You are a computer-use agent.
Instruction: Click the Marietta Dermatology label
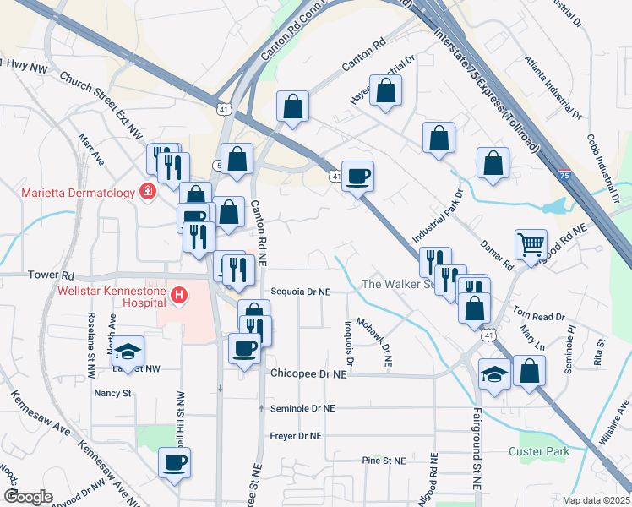click(79, 193)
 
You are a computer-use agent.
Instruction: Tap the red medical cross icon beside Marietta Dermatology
click(148, 192)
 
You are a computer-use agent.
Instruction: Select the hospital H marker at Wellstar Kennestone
click(178, 295)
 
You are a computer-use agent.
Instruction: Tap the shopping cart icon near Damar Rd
click(531, 244)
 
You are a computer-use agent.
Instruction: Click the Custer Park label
click(538, 451)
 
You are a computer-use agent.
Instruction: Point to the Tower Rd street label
click(52, 275)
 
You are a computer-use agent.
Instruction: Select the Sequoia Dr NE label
click(300, 292)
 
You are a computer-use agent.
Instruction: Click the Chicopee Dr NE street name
click(309, 373)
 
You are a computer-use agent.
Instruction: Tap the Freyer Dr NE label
click(297, 436)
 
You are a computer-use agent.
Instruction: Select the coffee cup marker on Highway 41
click(357, 176)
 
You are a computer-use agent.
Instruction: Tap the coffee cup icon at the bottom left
click(175, 462)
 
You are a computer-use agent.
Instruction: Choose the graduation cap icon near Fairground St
click(494, 373)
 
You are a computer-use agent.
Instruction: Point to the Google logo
click(28, 497)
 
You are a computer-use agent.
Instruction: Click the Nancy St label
click(112, 393)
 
